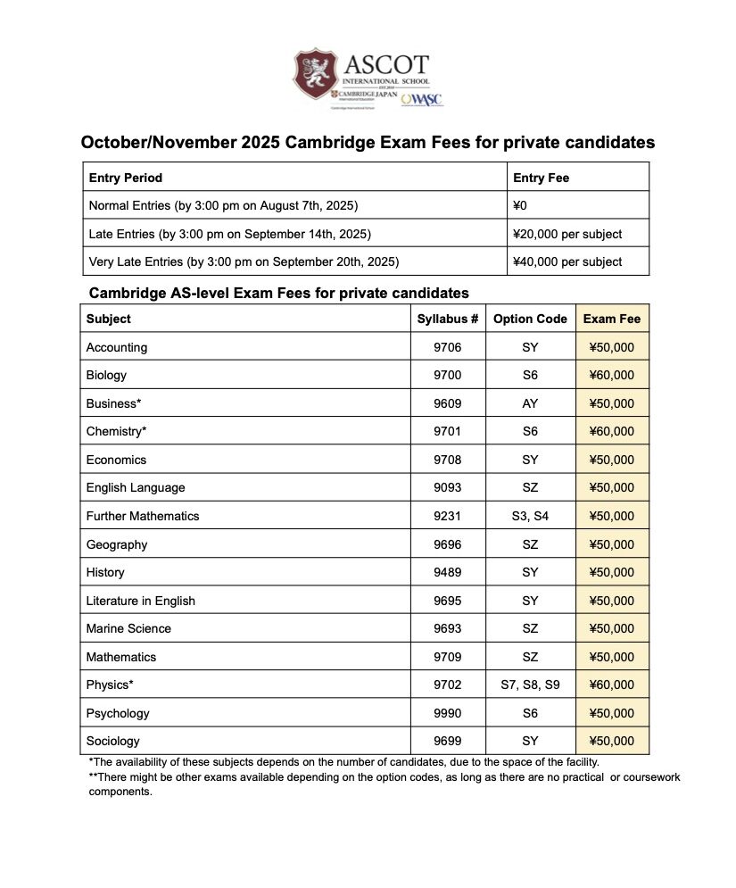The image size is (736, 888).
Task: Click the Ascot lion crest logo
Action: pyautogui.click(x=315, y=74)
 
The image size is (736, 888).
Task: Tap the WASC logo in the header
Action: pyautogui.click(x=422, y=99)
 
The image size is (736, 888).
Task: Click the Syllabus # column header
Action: pyautogui.click(x=448, y=319)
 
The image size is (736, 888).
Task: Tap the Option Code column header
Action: pyautogui.click(x=530, y=319)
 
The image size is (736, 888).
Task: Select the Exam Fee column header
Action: pyautogui.click(x=612, y=319)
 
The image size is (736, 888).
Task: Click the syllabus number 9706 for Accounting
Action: pyautogui.click(x=448, y=347)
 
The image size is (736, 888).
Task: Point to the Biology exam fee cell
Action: pyautogui.click(x=612, y=375)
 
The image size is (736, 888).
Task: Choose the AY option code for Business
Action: pyautogui.click(x=530, y=403)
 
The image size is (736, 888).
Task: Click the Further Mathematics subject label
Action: pyautogui.click(x=143, y=516)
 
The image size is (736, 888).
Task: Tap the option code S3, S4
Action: pyautogui.click(x=530, y=516)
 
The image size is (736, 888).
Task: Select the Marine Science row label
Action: pyautogui.click(x=128, y=628)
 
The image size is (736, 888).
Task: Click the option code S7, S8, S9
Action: pyautogui.click(x=530, y=685)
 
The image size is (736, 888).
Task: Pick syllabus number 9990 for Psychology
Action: pyautogui.click(x=448, y=713)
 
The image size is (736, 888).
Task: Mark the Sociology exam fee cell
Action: pyautogui.click(x=612, y=741)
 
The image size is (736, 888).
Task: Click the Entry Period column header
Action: pyautogui.click(x=126, y=178)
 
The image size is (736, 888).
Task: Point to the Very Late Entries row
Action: pyautogui.click(x=244, y=261)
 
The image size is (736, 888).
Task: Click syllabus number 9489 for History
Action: pyautogui.click(x=448, y=572)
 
